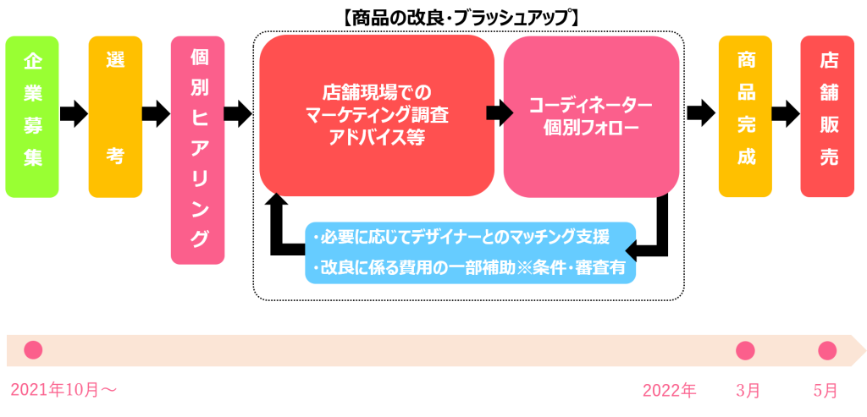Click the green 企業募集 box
coord(32,116)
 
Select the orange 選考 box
coord(115,116)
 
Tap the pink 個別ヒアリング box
coord(197,150)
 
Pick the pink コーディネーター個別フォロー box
coord(590,116)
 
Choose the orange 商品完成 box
coord(745,116)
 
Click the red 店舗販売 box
coord(827,116)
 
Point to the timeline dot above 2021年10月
coord(33,349)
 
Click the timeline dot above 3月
coord(745,349)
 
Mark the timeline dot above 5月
coord(827,349)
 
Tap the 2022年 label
coord(669,390)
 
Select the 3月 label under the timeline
coord(748,390)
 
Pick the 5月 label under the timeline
coord(826,390)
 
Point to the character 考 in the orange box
coord(115,156)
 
